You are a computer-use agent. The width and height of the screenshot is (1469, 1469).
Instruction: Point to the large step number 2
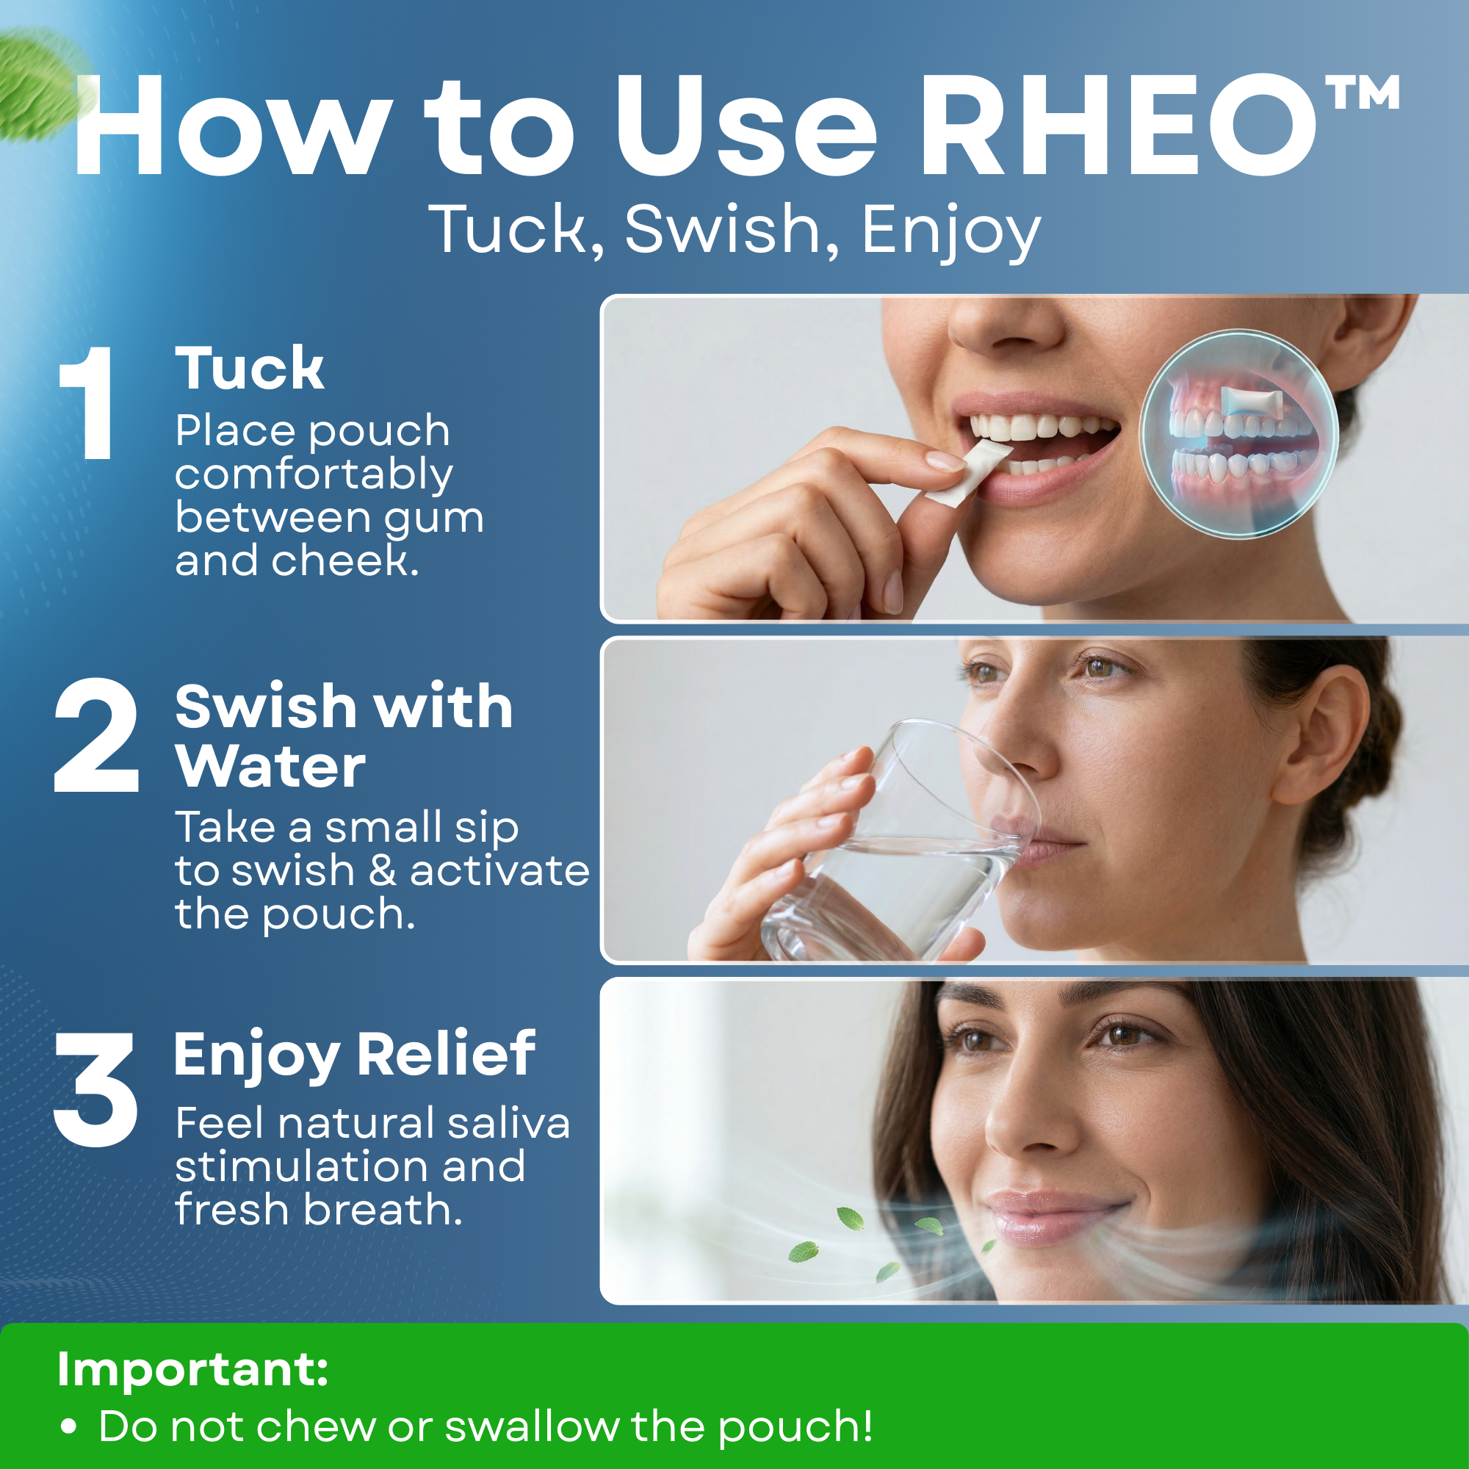[x=96, y=735]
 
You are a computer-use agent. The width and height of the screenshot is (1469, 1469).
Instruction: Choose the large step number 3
[x=95, y=1089]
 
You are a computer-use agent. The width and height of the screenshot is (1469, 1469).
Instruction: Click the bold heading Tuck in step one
[x=250, y=368]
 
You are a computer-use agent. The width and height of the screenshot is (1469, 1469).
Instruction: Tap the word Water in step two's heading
[x=271, y=765]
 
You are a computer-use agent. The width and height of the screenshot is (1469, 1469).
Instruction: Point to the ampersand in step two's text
[x=383, y=870]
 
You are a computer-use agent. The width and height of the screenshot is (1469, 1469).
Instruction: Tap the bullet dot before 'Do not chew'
[x=69, y=1427]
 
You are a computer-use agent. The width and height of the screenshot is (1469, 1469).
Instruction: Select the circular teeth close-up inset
[x=1238, y=433]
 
